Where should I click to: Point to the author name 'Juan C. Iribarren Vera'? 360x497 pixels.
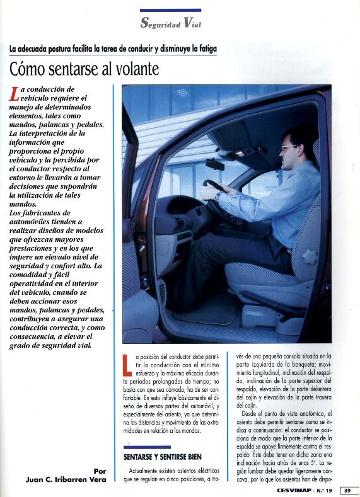pos(66,479)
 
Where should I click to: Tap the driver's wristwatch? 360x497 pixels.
pos(217,196)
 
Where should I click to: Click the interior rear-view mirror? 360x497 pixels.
pos(214,164)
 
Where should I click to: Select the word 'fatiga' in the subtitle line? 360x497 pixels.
pos(204,49)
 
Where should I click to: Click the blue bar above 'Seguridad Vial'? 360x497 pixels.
pos(170,10)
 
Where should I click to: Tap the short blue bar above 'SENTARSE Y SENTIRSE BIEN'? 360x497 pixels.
pos(147,447)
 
